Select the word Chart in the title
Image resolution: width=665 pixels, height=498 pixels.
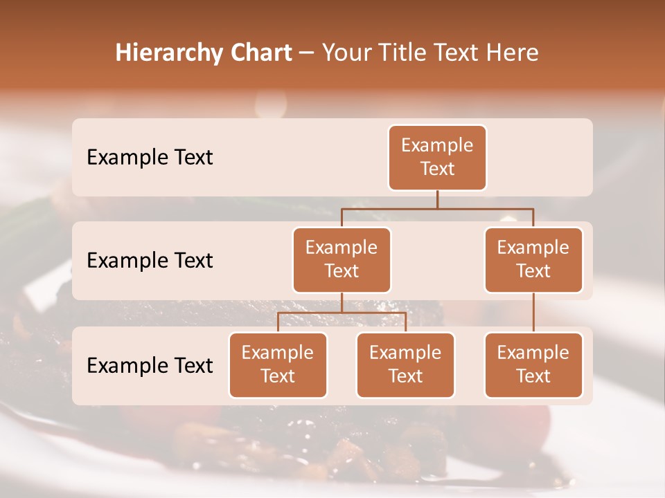click(x=257, y=53)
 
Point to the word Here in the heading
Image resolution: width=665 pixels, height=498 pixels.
click(x=512, y=53)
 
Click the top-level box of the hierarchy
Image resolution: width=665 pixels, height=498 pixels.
click(x=437, y=158)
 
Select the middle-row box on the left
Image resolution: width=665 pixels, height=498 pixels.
click(x=342, y=260)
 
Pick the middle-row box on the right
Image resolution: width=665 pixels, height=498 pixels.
click(x=533, y=260)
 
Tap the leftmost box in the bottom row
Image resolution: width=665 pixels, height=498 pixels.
click(x=278, y=365)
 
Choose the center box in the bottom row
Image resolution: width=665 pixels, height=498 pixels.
click(x=405, y=365)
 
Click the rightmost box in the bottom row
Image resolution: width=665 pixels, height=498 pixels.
click(x=533, y=365)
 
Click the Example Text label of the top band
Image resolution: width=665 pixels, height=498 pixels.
click(x=150, y=158)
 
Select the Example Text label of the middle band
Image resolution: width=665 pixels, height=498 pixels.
click(x=150, y=261)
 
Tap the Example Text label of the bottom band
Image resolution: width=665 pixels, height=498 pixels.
click(x=150, y=366)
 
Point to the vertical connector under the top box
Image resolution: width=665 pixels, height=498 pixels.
click(x=437, y=199)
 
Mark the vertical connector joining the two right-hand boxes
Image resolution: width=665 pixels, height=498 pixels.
click(x=533, y=313)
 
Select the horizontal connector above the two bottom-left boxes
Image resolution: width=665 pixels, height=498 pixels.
click(x=342, y=313)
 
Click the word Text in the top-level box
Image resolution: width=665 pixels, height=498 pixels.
click(x=437, y=169)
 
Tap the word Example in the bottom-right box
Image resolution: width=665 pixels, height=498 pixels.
click(x=533, y=353)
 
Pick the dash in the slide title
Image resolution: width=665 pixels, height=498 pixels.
click(x=306, y=53)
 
